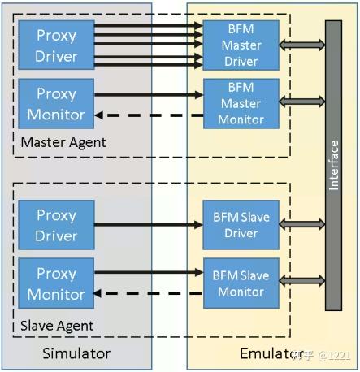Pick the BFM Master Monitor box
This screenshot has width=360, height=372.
[x=241, y=103]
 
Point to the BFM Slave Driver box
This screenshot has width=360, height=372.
[x=241, y=226]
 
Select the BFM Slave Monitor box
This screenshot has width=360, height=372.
[x=241, y=283]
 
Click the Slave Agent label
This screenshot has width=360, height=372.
[x=58, y=326]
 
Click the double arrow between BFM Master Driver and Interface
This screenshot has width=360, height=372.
[x=301, y=45]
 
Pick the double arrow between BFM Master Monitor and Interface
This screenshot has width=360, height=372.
[x=301, y=102]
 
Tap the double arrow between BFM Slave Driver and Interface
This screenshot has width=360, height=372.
[x=301, y=226]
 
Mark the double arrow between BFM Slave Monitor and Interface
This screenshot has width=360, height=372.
[x=301, y=283]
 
